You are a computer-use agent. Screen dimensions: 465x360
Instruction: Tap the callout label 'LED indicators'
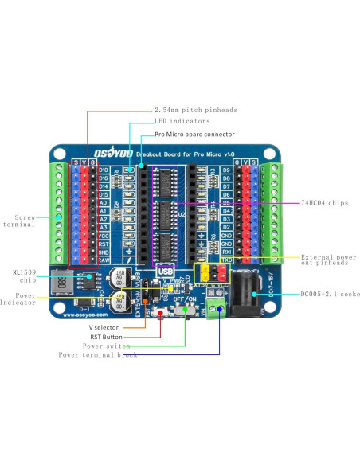[x=182, y=122]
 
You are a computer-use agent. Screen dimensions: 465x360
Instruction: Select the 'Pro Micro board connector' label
[x=194, y=135]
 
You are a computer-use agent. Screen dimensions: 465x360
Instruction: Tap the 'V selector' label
[x=104, y=327]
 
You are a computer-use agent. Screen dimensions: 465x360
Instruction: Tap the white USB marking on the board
[x=166, y=268]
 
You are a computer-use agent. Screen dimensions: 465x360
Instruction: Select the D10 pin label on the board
[x=104, y=170]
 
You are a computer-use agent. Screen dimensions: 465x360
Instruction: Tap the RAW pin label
[x=104, y=260]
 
